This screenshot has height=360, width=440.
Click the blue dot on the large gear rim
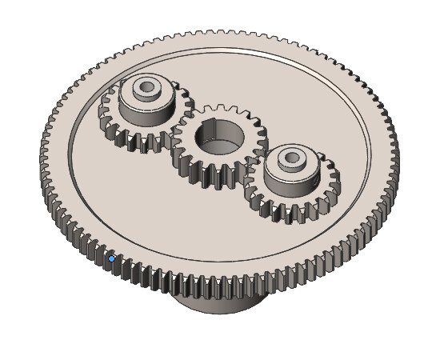tap(111, 258)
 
